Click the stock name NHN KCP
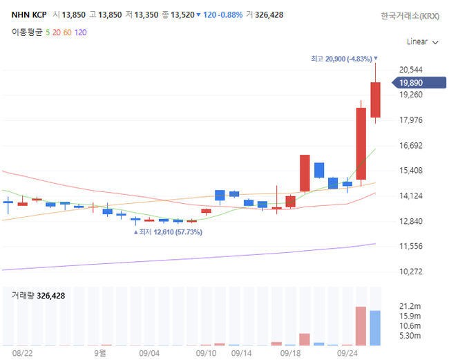(x=28, y=15)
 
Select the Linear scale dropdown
(x=422, y=41)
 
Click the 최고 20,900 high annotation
(x=341, y=59)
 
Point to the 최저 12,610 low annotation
(x=170, y=232)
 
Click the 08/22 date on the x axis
(x=23, y=352)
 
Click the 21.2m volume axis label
(x=410, y=306)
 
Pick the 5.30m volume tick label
(x=410, y=336)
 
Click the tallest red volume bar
(x=361, y=326)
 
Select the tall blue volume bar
(x=375, y=328)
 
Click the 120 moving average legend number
(x=80, y=32)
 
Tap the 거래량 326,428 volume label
(x=39, y=295)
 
